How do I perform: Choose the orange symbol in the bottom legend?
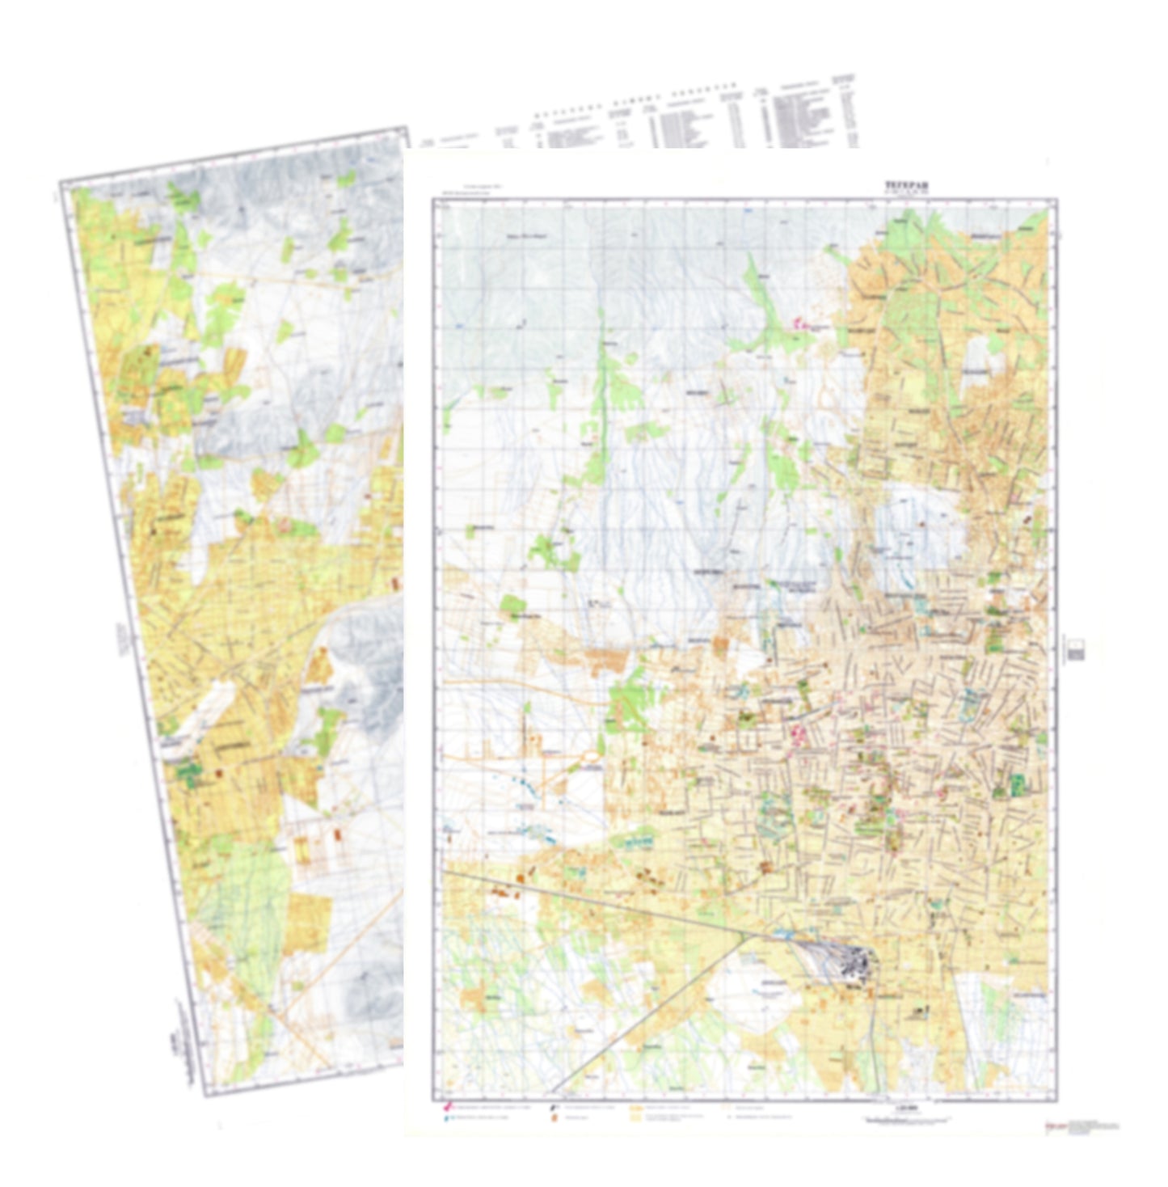(554, 1118)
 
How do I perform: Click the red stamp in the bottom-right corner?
(1053, 1126)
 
